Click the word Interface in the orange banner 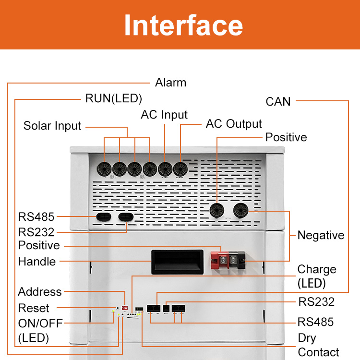(183, 25)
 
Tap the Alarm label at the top (170, 83)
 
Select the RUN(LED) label (113, 98)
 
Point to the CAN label (278, 101)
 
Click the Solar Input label (52, 126)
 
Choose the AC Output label (234, 124)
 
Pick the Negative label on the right (321, 235)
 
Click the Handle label (37, 262)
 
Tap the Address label (40, 292)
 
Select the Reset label (34, 308)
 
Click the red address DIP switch (125, 307)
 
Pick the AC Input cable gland (165, 168)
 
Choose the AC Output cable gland (180, 168)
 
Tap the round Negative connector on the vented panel (240, 210)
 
